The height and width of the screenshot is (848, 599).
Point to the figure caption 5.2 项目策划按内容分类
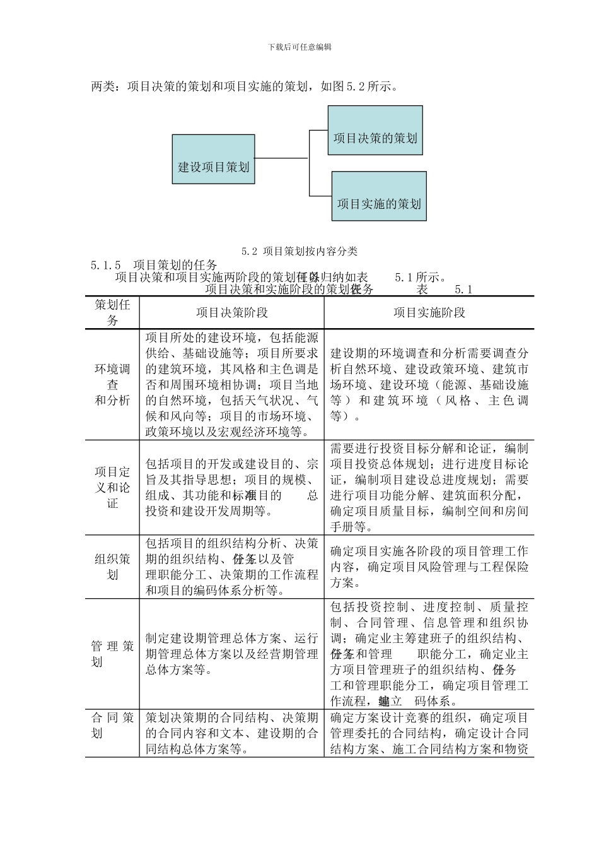pos(299,251)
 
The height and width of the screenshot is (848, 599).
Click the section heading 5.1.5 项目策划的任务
pos(154,264)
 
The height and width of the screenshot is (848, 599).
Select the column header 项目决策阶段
pos(231,312)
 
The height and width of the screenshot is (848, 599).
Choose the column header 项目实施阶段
pos(429,312)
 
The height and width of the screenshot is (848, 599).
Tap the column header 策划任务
pos(112,312)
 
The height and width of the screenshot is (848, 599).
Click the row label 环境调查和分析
pos(112,384)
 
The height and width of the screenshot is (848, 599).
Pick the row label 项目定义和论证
pos(112,487)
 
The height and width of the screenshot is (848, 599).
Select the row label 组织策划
pos(112,567)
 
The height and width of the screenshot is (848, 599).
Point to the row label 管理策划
pos(112,654)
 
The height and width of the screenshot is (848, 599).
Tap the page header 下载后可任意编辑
pos(299,47)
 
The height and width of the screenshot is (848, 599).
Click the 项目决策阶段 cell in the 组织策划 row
pos(231,567)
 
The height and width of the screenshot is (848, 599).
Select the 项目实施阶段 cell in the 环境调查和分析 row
pos(429,384)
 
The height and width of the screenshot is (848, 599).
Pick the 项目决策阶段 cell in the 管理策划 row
pos(231,654)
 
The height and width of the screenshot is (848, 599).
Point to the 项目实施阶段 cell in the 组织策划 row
pos(429,567)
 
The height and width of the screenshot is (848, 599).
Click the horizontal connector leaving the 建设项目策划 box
pos(281,158)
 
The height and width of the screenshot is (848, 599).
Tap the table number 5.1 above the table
pos(463,290)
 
